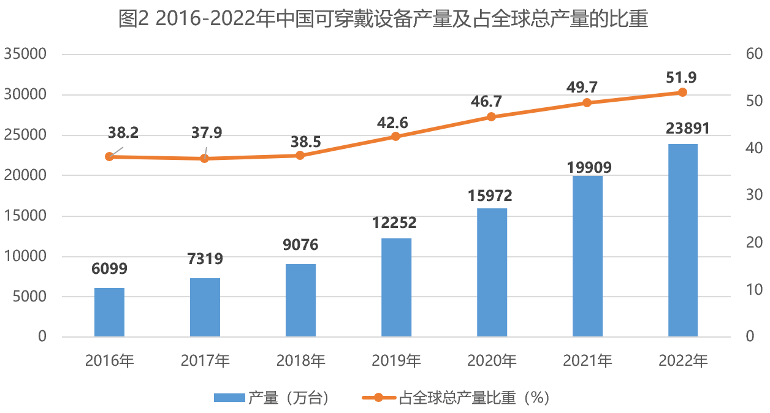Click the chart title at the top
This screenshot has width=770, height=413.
coord(384,20)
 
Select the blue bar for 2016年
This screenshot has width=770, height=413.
coord(110,312)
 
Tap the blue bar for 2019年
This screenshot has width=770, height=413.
coord(396,287)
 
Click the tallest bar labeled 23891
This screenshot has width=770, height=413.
coord(682,240)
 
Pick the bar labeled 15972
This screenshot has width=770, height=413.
coord(492,272)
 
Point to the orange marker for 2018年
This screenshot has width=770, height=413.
coord(300,156)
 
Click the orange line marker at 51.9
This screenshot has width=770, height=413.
coord(682,93)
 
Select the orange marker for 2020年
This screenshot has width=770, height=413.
coord(492,117)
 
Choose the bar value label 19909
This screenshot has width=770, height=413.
coord(587,167)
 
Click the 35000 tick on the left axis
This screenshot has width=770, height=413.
coord(25,55)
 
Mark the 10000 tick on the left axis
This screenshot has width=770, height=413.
coord(25,256)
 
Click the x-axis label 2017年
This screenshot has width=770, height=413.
coord(205,360)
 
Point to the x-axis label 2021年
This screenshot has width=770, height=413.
coord(587,360)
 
